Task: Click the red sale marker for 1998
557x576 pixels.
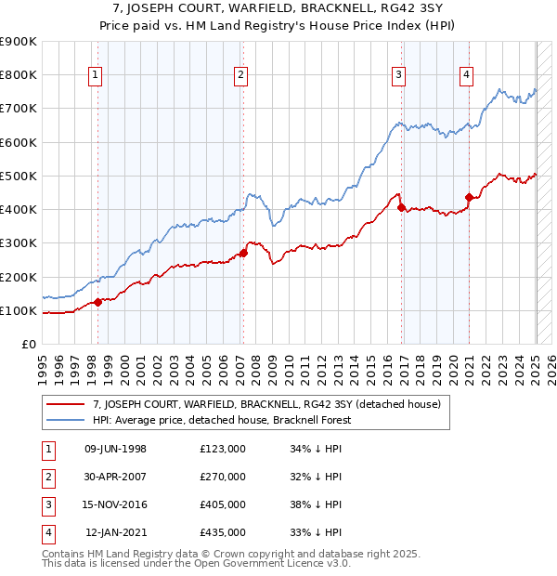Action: point(97,302)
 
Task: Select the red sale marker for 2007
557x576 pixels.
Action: point(243,253)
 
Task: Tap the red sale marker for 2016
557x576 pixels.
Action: point(401,207)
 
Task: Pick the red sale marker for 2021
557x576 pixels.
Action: point(469,197)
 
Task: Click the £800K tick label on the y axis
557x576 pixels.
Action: point(19,75)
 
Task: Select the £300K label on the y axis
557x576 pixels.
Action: point(19,243)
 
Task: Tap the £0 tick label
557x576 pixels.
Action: point(29,345)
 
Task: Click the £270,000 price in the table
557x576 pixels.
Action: point(223,477)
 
